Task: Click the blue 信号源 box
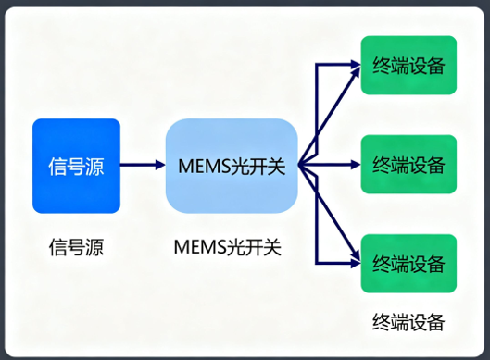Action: [x=76, y=166]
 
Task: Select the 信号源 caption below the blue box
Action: [x=76, y=247]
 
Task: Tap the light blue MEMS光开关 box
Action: [x=231, y=166]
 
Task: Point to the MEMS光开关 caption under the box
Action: [x=227, y=247]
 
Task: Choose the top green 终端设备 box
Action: [x=408, y=65]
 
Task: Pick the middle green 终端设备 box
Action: [x=408, y=165]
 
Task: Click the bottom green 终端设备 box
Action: [x=408, y=263]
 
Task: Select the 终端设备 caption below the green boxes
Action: [x=408, y=322]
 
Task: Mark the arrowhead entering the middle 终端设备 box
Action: [x=355, y=166]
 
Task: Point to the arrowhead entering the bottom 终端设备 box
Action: [x=355, y=263]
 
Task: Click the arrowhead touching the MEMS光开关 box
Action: [x=159, y=166]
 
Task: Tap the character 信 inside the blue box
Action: [x=57, y=167]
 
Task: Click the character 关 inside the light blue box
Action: [x=273, y=167]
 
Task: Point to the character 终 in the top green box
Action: [x=382, y=66]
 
